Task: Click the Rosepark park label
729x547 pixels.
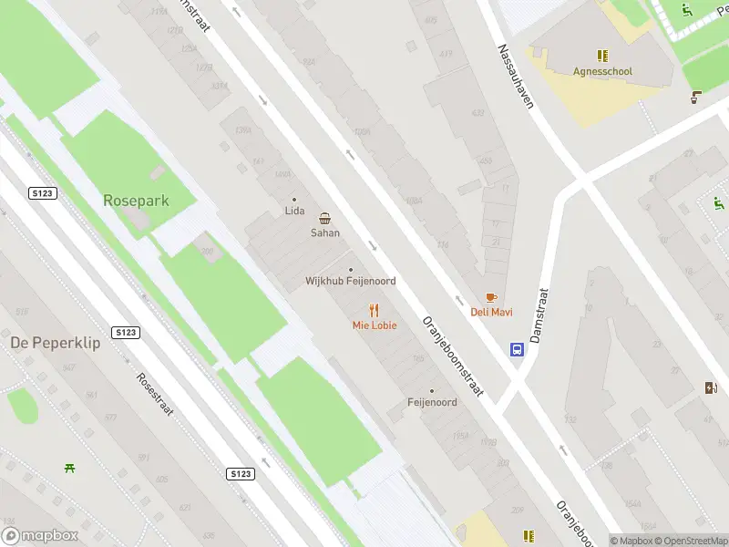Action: pos(137,200)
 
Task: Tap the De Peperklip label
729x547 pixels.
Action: pos(55,343)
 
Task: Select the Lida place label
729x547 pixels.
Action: pos(294,212)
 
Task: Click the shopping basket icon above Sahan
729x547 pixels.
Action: pos(325,218)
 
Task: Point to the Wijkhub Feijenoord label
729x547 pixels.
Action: pos(350,282)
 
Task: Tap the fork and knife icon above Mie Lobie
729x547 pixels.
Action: pos(374,311)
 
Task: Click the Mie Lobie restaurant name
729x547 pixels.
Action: pos(375,325)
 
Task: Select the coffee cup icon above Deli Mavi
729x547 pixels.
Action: pos(491,298)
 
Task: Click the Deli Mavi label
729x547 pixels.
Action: pos(491,313)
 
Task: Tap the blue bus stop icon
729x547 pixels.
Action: pos(517,349)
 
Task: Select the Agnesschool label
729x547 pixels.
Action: pos(602,71)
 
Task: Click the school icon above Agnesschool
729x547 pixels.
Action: pos(601,56)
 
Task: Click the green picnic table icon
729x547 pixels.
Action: pos(69,468)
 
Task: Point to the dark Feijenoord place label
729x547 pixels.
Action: pos(432,402)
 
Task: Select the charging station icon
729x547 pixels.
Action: pos(712,387)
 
